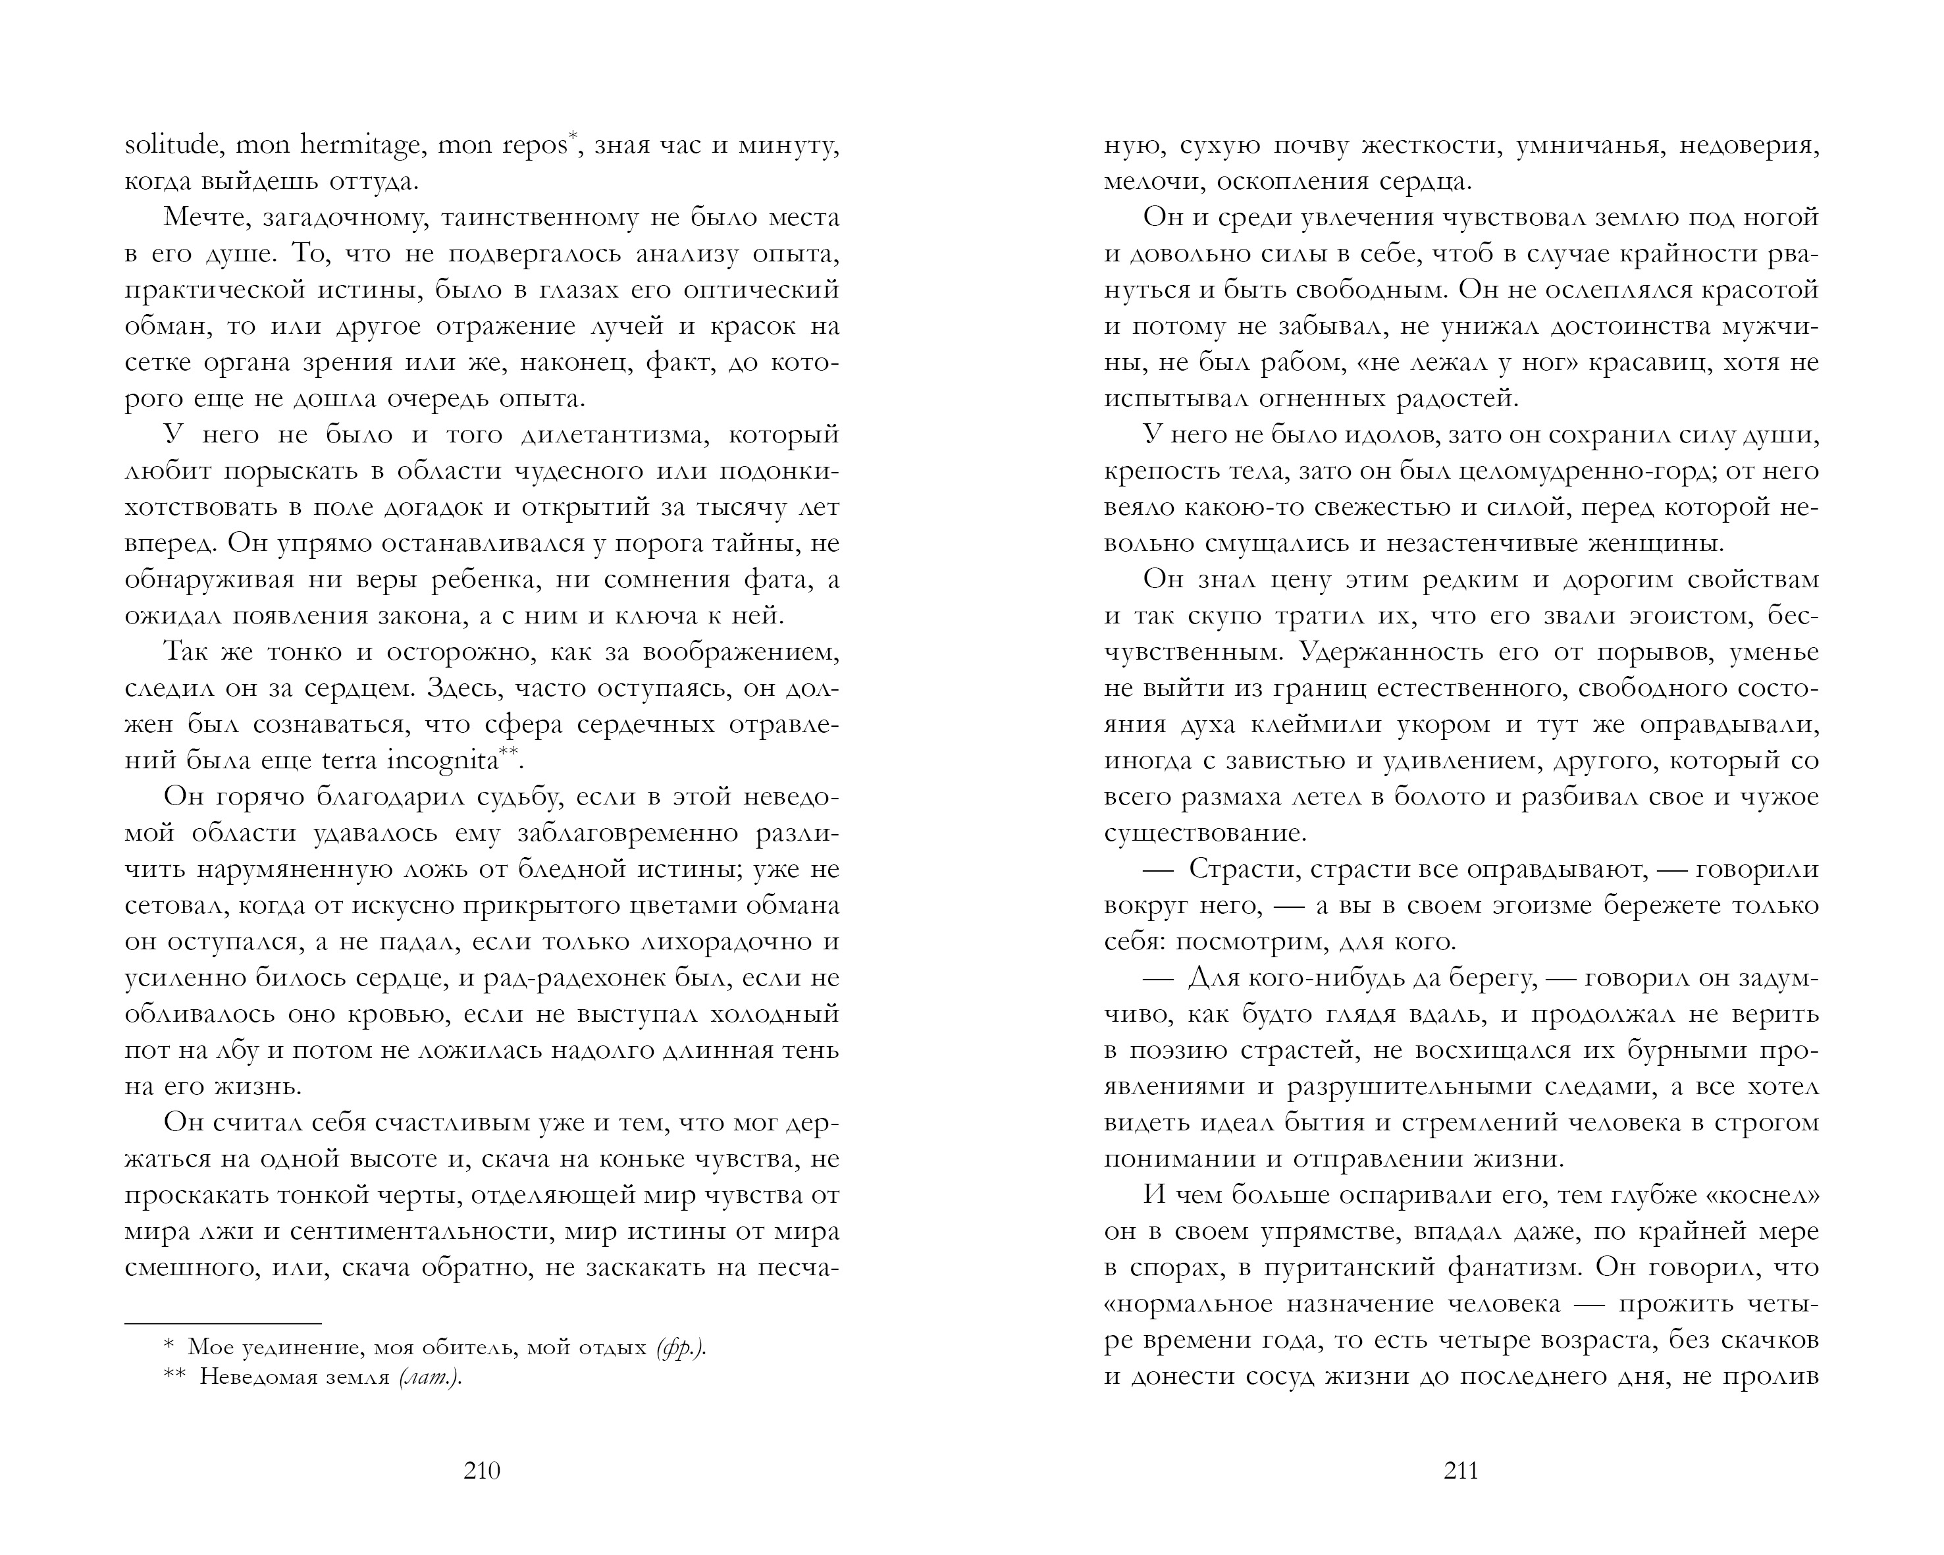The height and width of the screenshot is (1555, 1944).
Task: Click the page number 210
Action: point(481,1471)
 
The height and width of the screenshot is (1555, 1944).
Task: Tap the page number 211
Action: point(1461,1471)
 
